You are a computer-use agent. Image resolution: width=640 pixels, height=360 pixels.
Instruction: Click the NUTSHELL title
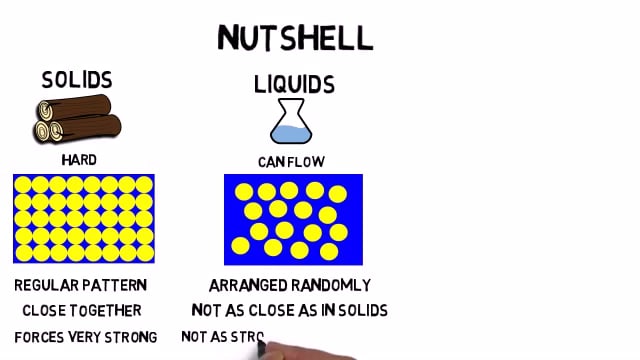point(295,37)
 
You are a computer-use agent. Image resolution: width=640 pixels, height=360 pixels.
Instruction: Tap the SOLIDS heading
point(77,80)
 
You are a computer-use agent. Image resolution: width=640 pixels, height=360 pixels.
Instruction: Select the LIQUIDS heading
point(293,84)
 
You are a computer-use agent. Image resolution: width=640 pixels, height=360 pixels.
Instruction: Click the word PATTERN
point(117,285)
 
